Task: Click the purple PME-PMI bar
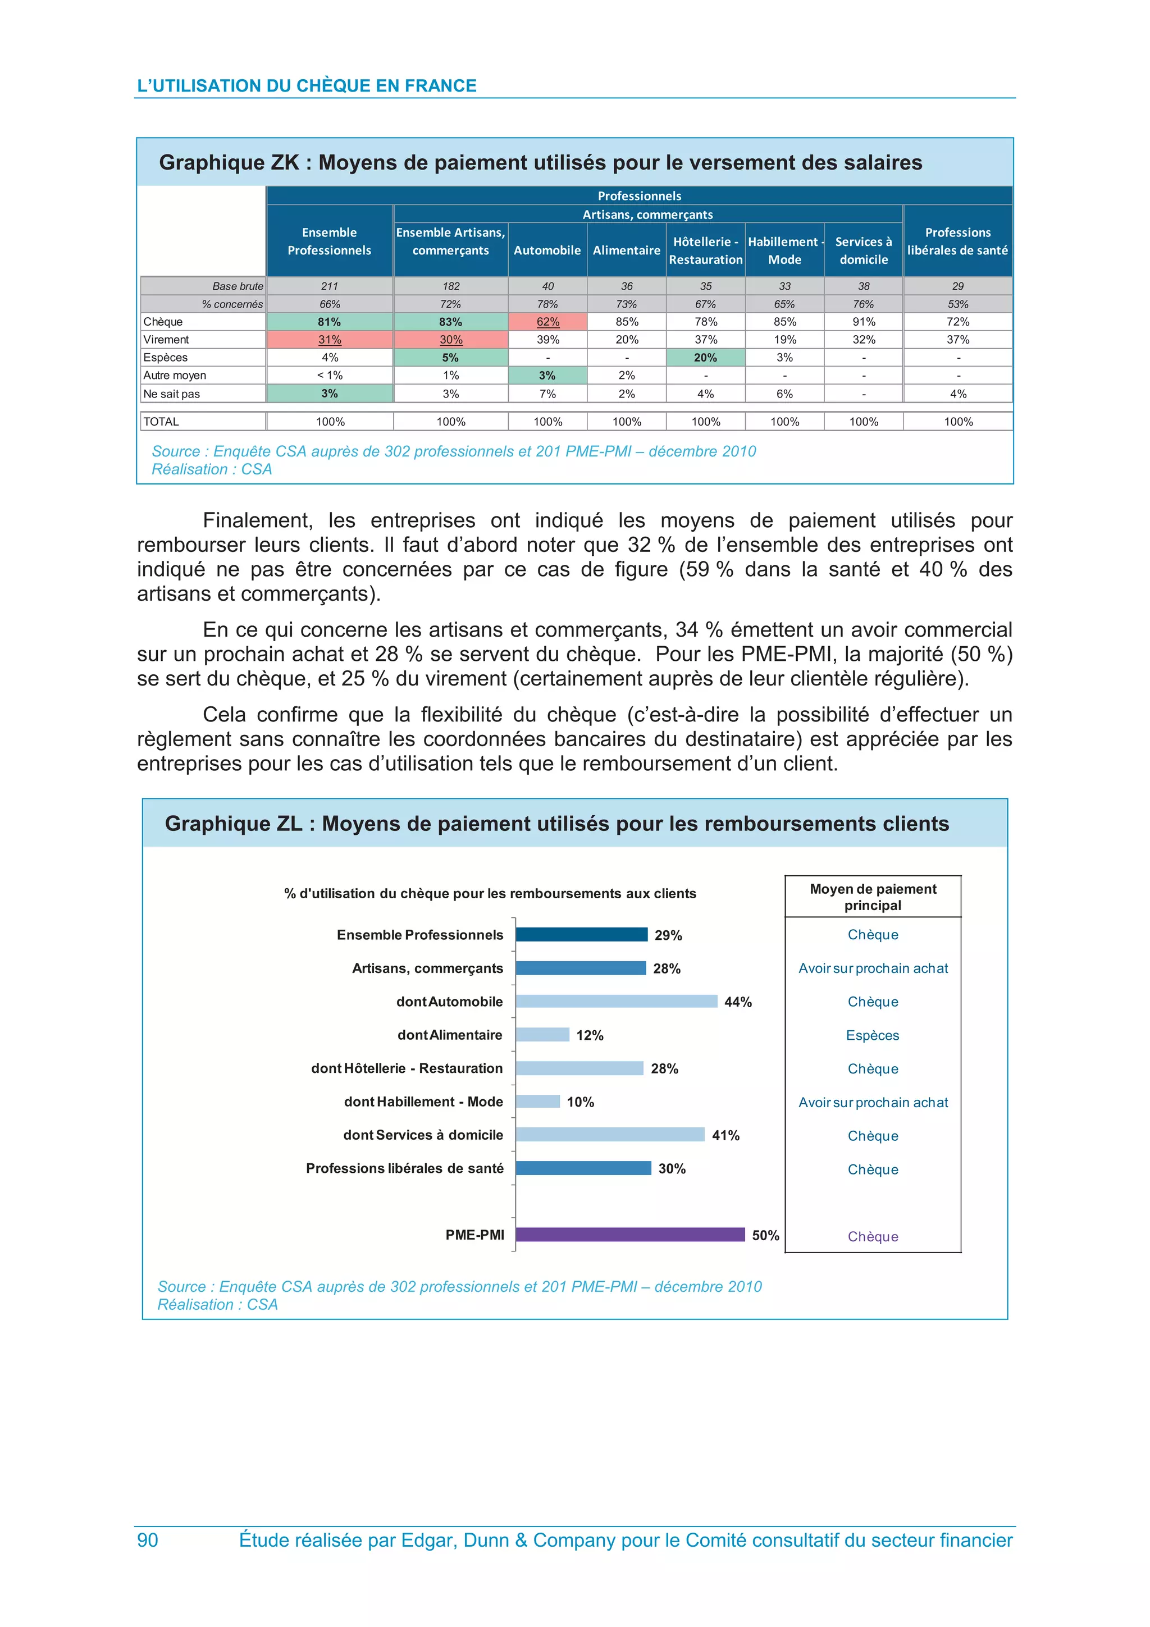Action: pyautogui.click(x=630, y=1235)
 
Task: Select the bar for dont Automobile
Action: pyautogui.click(x=617, y=1001)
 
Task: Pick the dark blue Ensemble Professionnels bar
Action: pyautogui.click(x=582, y=935)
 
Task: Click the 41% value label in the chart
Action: pyautogui.click(x=725, y=1135)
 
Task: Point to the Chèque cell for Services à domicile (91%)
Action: pyautogui.click(x=864, y=322)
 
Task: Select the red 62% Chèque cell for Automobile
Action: pyautogui.click(x=547, y=322)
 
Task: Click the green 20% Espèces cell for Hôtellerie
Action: pyautogui.click(x=706, y=358)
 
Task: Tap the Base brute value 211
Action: pyautogui.click(x=330, y=286)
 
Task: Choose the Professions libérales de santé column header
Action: pyautogui.click(x=958, y=241)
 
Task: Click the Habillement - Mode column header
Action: pyautogui.click(x=785, y=250)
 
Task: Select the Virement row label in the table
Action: pyautogui.click(x=167, y=340)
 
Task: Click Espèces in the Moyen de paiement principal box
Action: pyautogui.click(x=872, y=1035)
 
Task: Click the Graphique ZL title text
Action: pyautogui.click(x=557, y=824)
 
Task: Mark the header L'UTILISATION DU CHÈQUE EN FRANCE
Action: pyautogui.click(x=307, y=86)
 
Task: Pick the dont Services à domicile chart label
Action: pyautogui.click(x=423, y=1135)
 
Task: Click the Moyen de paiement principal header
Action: pyautogui.click(x=873, y=897)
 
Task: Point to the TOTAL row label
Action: pyautogui.click(x=162, y=422)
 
